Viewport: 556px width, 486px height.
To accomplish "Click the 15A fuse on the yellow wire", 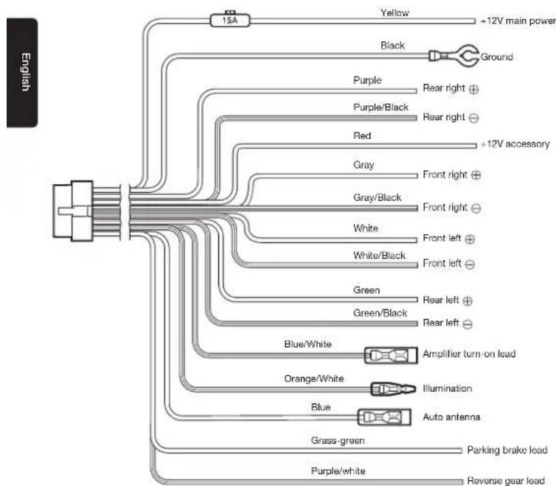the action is [230, 20].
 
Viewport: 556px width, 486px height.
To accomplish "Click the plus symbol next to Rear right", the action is [473, 89].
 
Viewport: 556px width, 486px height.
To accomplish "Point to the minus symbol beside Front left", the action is [470, 264].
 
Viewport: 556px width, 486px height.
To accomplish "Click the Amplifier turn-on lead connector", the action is [391, 355].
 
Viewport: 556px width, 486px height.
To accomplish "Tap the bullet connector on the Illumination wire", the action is [393, 389].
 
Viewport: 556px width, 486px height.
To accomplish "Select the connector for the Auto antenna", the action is [384, 417].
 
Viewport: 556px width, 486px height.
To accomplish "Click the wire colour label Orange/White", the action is [314, 378].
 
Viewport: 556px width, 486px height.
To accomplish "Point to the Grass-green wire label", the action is [338, 440].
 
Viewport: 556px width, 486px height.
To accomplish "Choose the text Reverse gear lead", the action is [506, 480].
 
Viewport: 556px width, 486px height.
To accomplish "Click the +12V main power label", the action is [518, 21].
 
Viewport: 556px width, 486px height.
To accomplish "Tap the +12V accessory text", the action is [515, 144].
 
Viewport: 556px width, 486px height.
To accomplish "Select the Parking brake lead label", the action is [507, 450].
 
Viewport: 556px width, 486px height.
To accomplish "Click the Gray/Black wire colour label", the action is [377, 197].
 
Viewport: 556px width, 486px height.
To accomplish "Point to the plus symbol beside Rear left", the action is [468, 301].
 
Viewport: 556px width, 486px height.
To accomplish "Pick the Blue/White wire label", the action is [307, 344].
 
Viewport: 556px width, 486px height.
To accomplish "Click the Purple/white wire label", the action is [338, 471].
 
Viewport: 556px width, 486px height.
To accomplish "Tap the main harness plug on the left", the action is [73, 211].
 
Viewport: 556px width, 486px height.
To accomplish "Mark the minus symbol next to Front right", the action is [476, 208].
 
